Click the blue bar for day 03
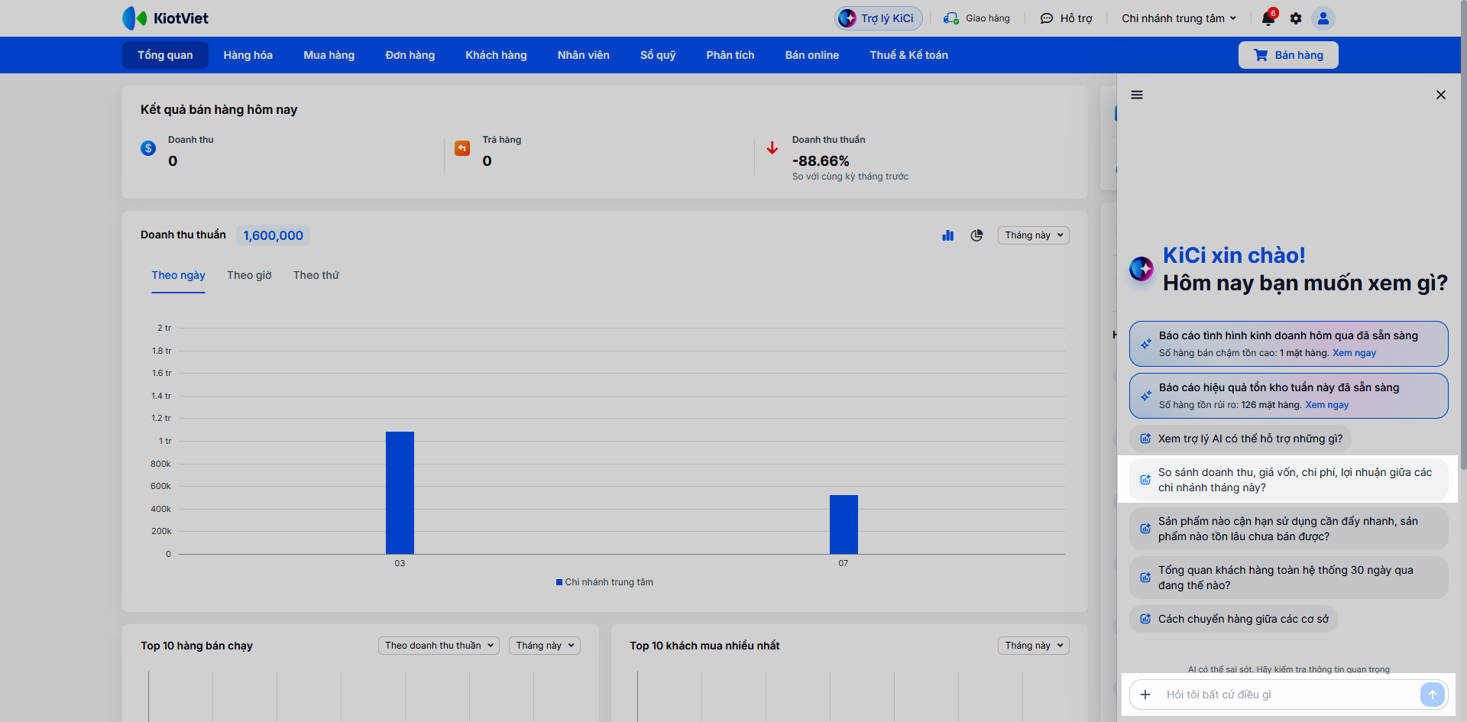(x=400, y=493)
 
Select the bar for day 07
(x=844, y=524)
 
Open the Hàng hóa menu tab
(x=248, y=55)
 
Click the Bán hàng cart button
(x=1288, y=55)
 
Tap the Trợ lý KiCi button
(x=879, y=18)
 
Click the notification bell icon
(x=1268, y=18)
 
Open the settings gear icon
(x=1296, y=18)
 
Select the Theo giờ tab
(x=249, y=275)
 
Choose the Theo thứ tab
(x=316, y=275)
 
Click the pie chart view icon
(x=976, y=235)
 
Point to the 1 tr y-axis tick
(x=165, y=441)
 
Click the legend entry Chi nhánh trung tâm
(x=604, y=582)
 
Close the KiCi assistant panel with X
(x=1441, y=95)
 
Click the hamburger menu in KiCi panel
(x=1137, y=95)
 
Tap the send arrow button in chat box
(x=1433, y=694)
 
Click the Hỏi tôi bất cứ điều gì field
(x=1284, y=694)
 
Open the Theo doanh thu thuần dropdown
(x=439, y=646)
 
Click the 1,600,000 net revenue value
(x=273, y=235)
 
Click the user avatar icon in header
(x=1323, y=18)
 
